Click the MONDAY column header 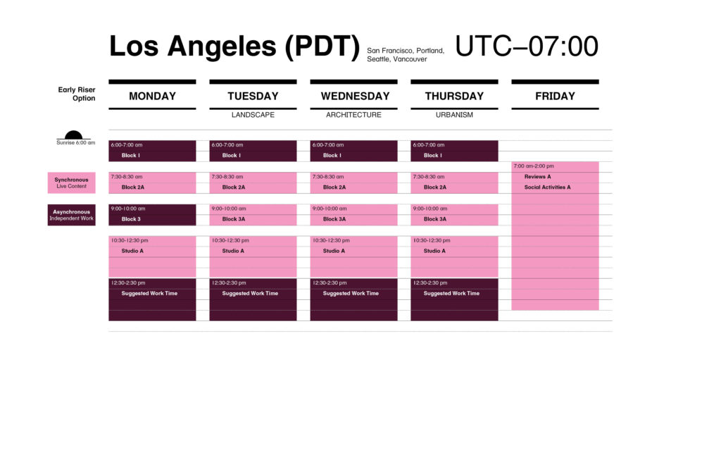pos(152,96)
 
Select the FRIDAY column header pos(555,96)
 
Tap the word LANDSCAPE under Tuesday pos(253,115)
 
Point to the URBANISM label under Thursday pos(454,115)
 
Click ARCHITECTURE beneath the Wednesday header pos(353,115)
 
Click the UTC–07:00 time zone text pos(527,46)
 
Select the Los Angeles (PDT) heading pos(234,46)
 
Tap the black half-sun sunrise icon pos(73,135)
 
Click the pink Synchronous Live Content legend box pos(71,182)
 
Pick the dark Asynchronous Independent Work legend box pos(71,215)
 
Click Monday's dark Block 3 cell pos(152,215)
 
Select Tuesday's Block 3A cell pos(253,215)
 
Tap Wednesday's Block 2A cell pos(353,182)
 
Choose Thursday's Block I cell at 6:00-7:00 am pos(454,151)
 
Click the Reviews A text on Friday pos(537,177)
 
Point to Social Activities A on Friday pos(547,187)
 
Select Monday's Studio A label pos(132,251)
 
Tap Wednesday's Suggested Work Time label pos(351,293)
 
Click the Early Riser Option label pos(77,94)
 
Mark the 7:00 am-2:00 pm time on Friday pos(534,166)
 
